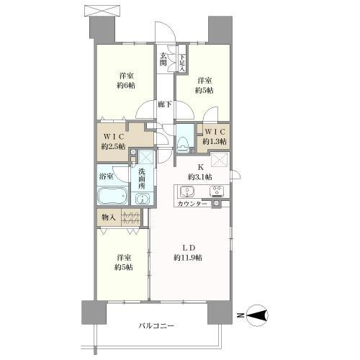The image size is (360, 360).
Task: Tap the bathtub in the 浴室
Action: [x=112, y=196]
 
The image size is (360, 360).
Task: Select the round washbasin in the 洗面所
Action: [x=143, y=199]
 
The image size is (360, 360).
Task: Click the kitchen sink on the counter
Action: [x=187, y=192]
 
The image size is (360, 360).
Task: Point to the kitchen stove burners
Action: [x=217, y=192]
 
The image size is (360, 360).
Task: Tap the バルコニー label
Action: [x=156, y=325]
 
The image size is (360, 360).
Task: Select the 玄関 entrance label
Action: [x=163, y=59]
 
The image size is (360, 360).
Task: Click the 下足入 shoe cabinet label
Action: [x=182, y=63]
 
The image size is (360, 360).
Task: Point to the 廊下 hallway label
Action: [x=165, y=104]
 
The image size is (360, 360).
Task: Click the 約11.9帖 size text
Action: [x=188, y=258]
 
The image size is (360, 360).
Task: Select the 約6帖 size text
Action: [x=126, y=85]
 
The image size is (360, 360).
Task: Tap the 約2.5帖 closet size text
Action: [x=113, y=146]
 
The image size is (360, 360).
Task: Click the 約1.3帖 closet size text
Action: [x=215, y=141]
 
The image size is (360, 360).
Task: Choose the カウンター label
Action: [x=192, y=204]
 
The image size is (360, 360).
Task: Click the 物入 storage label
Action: [x=109, y=217]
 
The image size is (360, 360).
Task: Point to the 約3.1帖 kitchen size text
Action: [x=199, y=177]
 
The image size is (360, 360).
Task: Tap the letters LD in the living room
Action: [x=189, y=248]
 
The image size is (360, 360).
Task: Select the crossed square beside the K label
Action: [x=220, y=159]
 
